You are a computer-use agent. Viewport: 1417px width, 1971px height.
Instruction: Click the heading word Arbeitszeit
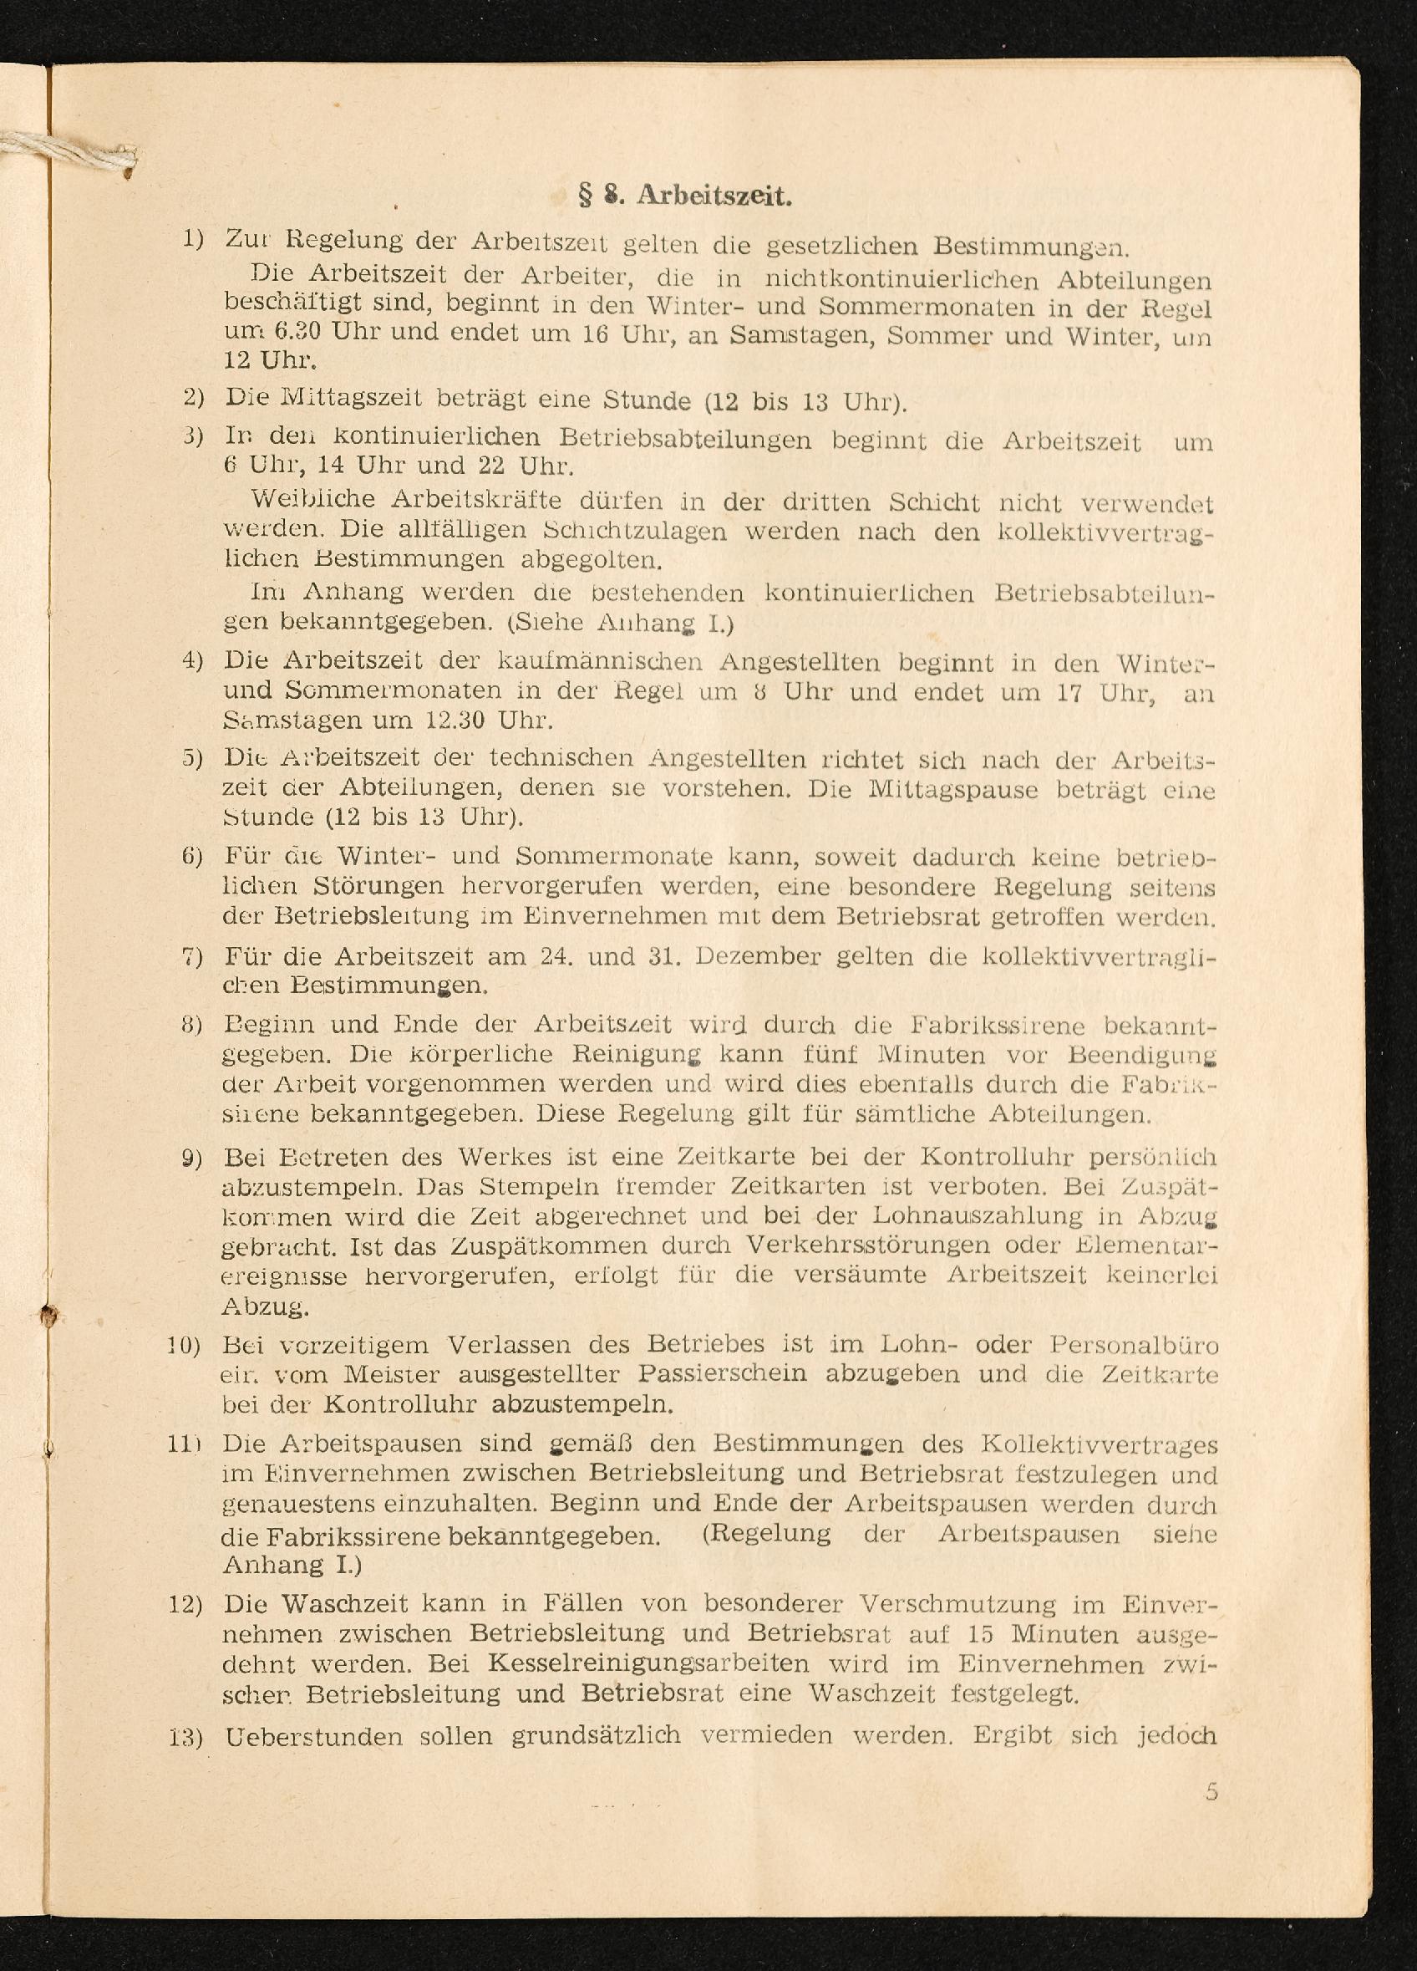(x=714, y=196)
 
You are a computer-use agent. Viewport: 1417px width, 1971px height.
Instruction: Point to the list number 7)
(x=192, y=957)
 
